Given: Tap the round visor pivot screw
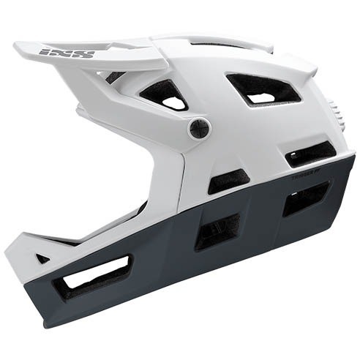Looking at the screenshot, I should (198, 130).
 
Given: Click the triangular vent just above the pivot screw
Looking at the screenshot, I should (165, 94).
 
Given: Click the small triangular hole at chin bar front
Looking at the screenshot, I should (43, 258).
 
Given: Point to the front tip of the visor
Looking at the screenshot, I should (18, 48).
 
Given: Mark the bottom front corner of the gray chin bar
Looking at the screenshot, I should (48, 322).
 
